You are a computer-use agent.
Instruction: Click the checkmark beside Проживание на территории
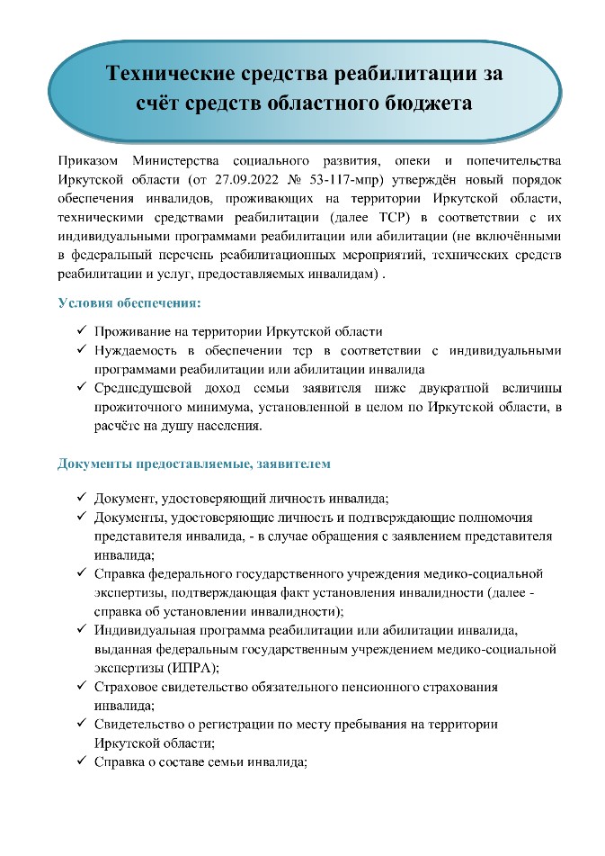pos(82,331)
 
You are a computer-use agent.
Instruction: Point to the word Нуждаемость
pos(139,350)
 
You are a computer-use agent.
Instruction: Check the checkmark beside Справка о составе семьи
pos(82,761)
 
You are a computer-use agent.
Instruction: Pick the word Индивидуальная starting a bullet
pos(147,630)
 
